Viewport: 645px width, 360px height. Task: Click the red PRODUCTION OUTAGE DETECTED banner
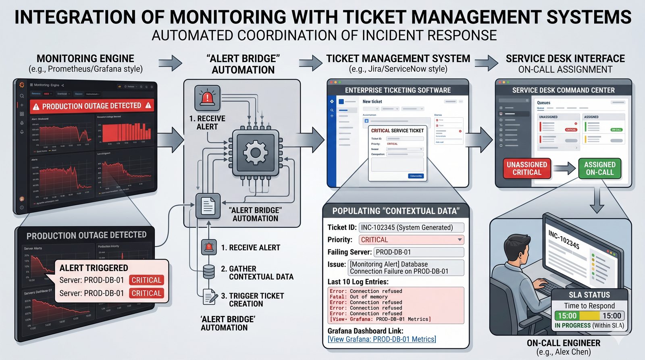[x=92, y=106]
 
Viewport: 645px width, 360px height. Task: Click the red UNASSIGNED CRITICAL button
[x=526, y=169]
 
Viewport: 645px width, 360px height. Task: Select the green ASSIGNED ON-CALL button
[x=599, y=169]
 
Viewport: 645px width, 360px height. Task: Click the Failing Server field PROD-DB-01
[x=418, y=252]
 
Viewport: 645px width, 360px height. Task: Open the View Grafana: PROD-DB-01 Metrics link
[x=382, y=339]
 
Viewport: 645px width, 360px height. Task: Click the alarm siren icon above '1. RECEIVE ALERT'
[x=207, y=98]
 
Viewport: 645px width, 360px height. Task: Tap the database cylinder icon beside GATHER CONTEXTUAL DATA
[x=208, y=272]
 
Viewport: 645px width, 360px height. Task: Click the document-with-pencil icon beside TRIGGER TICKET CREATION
[x=209, y=297]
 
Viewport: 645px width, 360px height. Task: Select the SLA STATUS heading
[x=589, y=295]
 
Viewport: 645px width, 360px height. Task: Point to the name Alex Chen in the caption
[x=572, y=352]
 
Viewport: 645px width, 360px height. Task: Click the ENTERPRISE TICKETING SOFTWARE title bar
[x=397, y=90]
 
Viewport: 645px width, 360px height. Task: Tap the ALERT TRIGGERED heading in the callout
[x=94, y=268]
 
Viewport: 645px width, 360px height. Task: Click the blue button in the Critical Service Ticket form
[x=416, y=176]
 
